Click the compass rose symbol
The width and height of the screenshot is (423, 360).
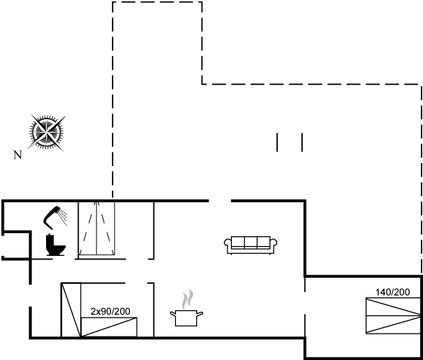click(47, 132)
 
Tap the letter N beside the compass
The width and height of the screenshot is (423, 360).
click(17, 155)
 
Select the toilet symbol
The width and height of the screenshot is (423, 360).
click(56, 245)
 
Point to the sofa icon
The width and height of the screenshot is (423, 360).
click(251, 245)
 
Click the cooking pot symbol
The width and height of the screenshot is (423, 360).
click(187, 318)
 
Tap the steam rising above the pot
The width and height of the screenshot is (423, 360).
click(187, 299)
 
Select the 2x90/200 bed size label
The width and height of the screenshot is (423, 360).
click(110, 312)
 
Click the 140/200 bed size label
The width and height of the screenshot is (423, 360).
click(393, 292)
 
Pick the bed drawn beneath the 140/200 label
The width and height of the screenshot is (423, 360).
click(393, 315)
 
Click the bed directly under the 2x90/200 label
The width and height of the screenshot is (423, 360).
click(109, 327)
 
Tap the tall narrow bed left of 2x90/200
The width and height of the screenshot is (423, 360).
click(71, 309)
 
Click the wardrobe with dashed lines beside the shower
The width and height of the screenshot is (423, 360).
click(97, 228)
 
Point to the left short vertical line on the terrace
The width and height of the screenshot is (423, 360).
click(277, 142)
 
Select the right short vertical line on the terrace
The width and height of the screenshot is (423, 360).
click(302, 142)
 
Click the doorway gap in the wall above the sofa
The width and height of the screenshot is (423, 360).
click(220, 201)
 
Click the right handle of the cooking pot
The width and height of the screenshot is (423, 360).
click(200, 313)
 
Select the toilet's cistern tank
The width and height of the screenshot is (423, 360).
click(50, 240)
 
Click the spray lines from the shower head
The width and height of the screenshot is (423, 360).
click(63, 217)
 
